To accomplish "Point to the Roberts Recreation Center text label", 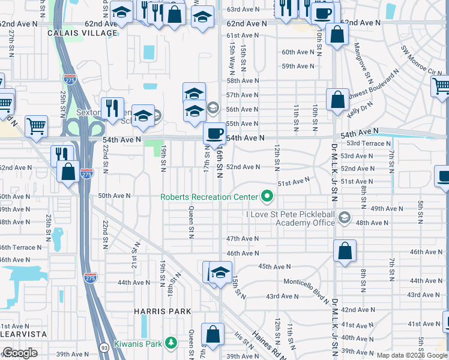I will (208, 197).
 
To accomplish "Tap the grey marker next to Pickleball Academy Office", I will (345, 218).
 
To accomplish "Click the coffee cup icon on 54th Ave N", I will (214, 132).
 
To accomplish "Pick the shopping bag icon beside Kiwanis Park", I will (212, 334).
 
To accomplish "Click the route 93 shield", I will (103, 347).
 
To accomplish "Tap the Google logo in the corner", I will (19, 353).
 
